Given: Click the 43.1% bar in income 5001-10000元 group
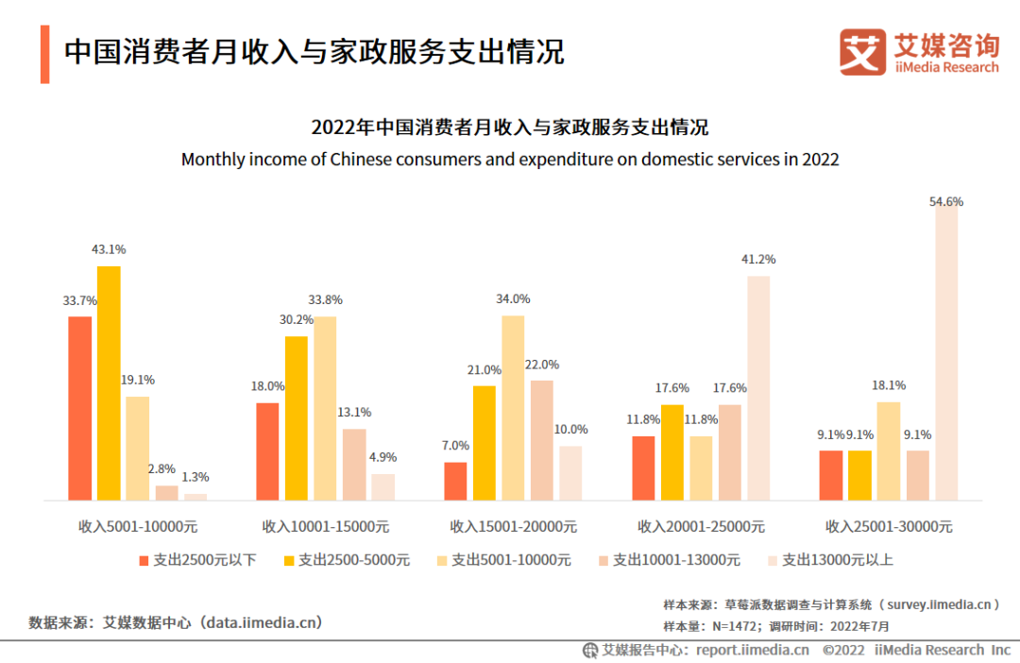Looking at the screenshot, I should [x=109, y=382].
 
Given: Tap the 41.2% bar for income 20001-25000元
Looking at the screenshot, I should [x=758, y=387].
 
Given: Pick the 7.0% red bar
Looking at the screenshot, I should [x=455, y=481].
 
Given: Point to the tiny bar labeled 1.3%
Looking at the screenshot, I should [x=195, y=496].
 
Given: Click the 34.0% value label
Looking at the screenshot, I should [x=513, y=299].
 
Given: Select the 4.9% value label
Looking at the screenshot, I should [x=382, y=457].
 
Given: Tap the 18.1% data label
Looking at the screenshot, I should [x=889, y=385].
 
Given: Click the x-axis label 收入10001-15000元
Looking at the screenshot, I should [x=325, y=526].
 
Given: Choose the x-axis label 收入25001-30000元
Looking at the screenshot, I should [x=889, y=526].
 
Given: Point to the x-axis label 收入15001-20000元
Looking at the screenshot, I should [x=513, y=526].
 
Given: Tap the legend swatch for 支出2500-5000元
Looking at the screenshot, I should [x=290, y=560].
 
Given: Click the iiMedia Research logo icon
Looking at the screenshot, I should [x=862, y=52].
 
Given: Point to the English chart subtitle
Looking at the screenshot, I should [x=510, y=159].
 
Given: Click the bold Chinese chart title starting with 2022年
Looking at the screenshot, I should [x=510, y=127].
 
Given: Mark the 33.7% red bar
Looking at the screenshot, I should [x=80, y=408].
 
